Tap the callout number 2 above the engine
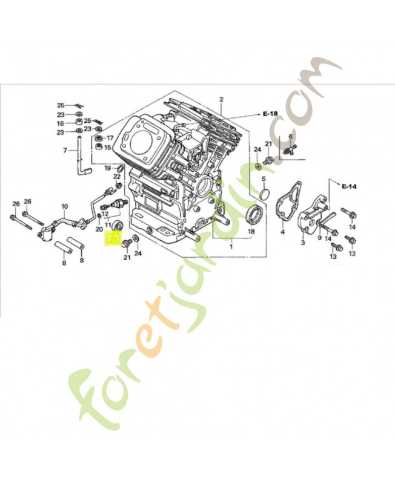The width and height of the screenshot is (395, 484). [221, 99]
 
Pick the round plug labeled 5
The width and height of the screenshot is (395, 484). [264, 194]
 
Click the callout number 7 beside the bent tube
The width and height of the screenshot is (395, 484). [65, 150]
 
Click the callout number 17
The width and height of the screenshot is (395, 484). [110, 138]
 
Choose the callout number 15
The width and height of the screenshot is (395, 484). [107, 147]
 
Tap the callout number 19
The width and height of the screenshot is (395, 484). [107, 168]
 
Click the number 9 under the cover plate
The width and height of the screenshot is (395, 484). [319, 238]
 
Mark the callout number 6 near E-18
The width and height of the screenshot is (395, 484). [291, 137]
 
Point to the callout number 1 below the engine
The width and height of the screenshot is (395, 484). [230, 247]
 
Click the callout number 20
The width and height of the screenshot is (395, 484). [99, 229]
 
